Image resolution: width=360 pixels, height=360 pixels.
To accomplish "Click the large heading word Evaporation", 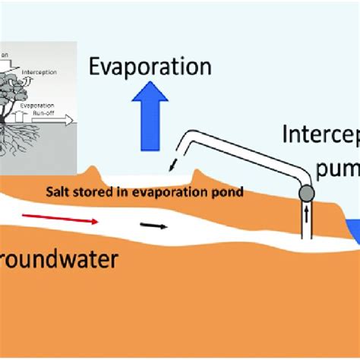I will coord(150,68).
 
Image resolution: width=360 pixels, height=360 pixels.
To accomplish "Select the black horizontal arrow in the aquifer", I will coord(154,226).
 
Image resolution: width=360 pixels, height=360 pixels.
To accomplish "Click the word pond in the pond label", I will coord(228,192).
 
